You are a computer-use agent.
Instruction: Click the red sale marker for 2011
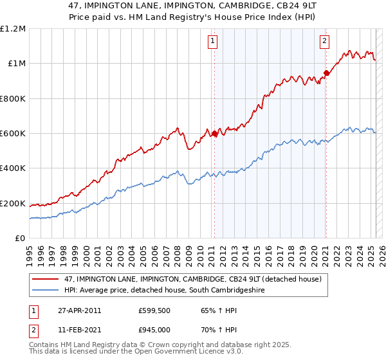(x=214, y=134)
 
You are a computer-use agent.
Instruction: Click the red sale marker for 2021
(x=326, y=73)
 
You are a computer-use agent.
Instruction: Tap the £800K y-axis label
(x=12, y=99)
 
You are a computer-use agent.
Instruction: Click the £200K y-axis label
(x=12, y=204)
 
